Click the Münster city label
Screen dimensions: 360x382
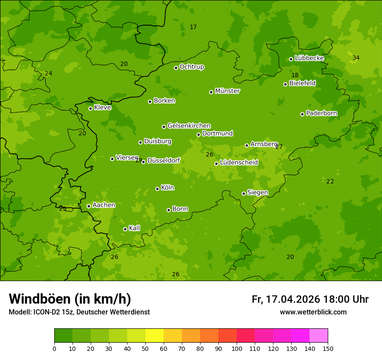pyautogui.click(x=227, y=91)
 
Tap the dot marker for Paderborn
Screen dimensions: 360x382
pyautogui.click(x=303, y=114)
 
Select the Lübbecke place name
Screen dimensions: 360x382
pyautogui.click(x=309, y=58)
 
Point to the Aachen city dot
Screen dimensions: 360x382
pyautogui.click(x=89, y=206)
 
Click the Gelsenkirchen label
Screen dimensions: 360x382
pyautogui.click(x=189, y=126)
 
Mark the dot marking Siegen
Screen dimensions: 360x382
pyautogui.click(x=244, y=193)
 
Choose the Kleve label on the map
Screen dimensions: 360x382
pyautogui.click(x=102, y=108)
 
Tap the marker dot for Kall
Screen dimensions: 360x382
pyautogui.click(x=125, y=229)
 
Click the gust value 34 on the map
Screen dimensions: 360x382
pyautogui.click(x=356, y=58)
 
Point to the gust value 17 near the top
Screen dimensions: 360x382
pyautogui.click(x=193, y=27)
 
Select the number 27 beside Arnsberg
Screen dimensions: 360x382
pyautogui.click(x=279, y=147)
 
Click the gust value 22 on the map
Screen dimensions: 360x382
pyautogui.click(x=330, y=182)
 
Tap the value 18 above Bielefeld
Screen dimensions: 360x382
pyautogui.click(x=295, y=75)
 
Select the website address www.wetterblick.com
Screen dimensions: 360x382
pyautogui.click(x=313, y=312)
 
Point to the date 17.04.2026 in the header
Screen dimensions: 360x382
pyautogui.click(x=293, y=299)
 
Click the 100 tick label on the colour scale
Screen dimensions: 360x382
pyautogui.click(x=237, y=348)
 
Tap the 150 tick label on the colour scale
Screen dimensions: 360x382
pyautogui.click(x=328, y=348)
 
